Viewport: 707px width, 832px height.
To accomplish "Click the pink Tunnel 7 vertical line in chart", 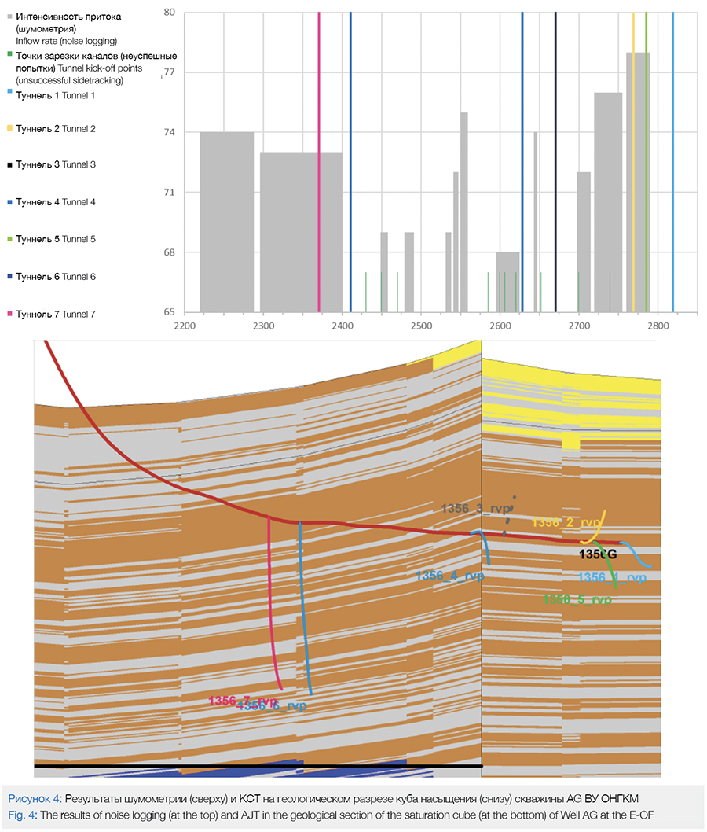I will (319, 157).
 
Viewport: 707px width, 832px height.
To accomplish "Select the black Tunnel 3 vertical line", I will (555, 157).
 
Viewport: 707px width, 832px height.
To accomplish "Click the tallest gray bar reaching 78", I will (638, 181).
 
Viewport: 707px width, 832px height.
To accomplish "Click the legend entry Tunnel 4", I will (56, 202).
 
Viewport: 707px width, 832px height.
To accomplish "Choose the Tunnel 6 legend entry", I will (56, 277).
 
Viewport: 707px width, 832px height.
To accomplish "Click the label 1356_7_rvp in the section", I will (241, 700).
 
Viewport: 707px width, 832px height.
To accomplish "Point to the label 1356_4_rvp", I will (450, 576).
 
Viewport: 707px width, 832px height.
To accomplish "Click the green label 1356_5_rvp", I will (577, 599).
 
